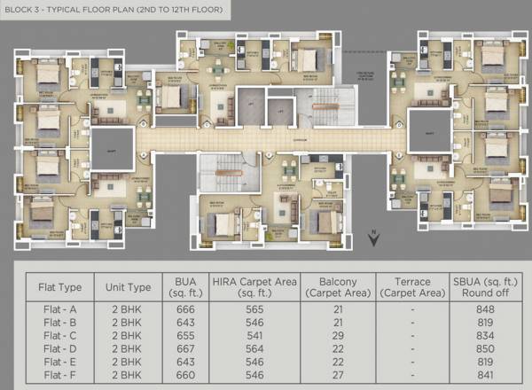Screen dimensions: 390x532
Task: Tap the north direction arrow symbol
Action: [x=374, y=237]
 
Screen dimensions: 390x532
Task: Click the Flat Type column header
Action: [x=60, y=286]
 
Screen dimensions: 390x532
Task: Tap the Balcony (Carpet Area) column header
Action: [x=335, y=286]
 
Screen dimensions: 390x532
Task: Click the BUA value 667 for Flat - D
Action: [x=184, y=348]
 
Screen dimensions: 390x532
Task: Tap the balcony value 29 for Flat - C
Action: [x=335, y=336]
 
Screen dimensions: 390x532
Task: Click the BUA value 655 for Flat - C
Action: [x=184, y=336]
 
